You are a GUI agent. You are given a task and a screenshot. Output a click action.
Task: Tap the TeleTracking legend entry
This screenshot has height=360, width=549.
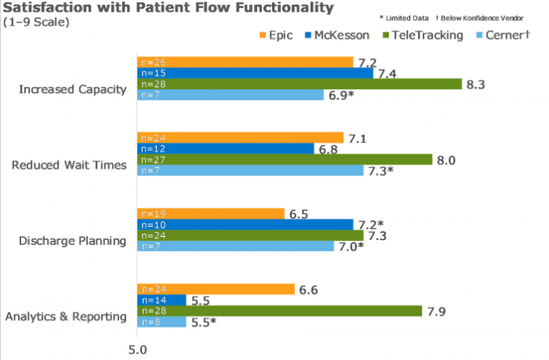pyautogui.click(x=423, y=36)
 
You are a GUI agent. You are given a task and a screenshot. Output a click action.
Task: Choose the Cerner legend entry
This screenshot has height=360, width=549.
pyautogui.click(x=503, y=36)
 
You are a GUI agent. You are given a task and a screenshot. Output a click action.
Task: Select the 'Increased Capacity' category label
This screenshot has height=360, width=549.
pyautogui.click(x=73, y=89)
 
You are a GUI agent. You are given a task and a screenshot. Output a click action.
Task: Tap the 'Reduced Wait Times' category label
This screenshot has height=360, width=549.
pyautogui.click(x=69, y=165)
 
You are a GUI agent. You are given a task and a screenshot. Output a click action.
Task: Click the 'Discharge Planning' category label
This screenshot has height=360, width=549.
pyautogui.click(x=69, y=240)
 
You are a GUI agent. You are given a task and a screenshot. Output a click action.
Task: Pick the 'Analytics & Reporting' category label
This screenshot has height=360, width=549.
pyautogui.click(x=66, y=317)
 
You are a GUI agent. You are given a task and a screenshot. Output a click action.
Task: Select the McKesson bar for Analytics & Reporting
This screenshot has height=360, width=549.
pyautogui.click(x=162, y=300)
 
